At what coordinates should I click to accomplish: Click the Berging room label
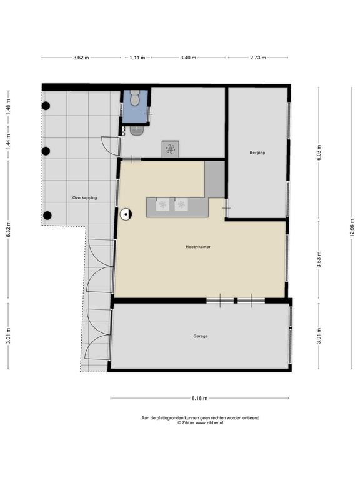click(257, 152)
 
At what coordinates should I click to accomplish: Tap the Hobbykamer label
click(198, 247)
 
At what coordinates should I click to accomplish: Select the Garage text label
click(201, 336)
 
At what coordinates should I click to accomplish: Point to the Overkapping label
click(84, 197)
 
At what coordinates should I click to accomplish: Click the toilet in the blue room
click(135, 97)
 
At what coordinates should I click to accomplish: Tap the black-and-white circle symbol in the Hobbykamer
click(126, 214)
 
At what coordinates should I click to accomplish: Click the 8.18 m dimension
click(199, 398)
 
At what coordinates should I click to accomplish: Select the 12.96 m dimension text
click(352, 227)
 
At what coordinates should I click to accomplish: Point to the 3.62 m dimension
click(81, 57)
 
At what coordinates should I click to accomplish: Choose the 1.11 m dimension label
click(137, 57)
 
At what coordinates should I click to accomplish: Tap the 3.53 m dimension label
click(319, 259)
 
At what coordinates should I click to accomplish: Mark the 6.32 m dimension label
click(8, 229)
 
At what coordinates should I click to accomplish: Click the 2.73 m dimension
click(258, 57)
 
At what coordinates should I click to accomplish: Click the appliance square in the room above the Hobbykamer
click(171, 149)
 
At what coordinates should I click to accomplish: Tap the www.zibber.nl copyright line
click(200, 422)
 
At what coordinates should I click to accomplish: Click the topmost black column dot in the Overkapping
click(46, 106)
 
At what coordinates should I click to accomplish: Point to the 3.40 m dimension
click(188, 57)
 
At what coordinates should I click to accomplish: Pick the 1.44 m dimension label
click(8, 142)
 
